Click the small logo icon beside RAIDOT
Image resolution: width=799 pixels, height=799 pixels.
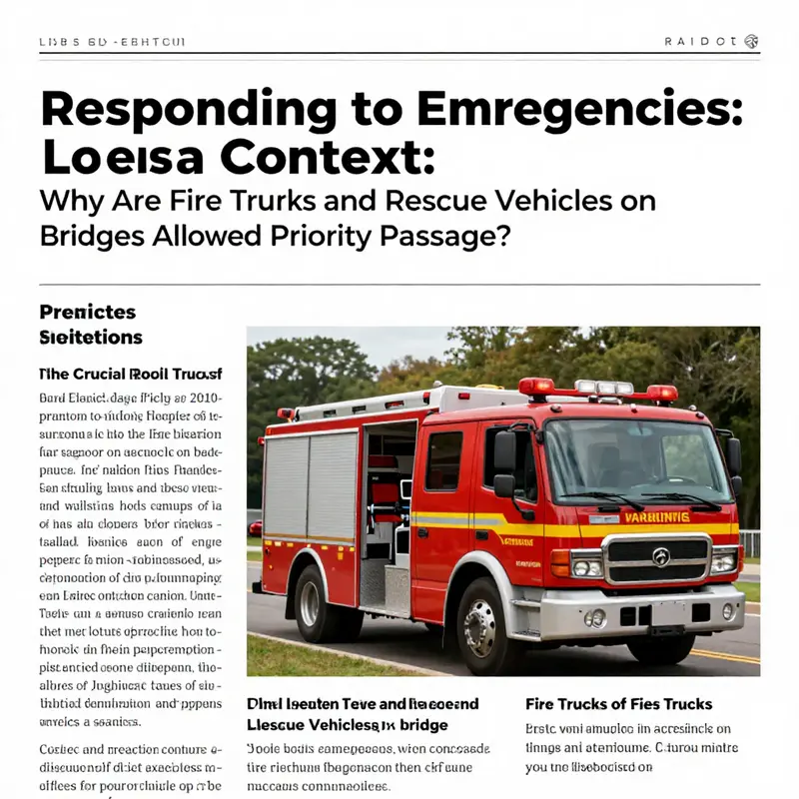(x=751, y=42)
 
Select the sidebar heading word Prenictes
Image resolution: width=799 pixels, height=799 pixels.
(x=87, y=313)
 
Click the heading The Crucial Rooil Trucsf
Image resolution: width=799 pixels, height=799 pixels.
(x=130, y=375)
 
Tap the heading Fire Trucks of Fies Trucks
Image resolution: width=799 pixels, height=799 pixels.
(x=619, y=703)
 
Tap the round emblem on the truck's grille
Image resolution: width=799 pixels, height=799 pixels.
(x=660, y=557)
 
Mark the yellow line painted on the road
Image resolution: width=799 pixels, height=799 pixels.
(x=724, y=655)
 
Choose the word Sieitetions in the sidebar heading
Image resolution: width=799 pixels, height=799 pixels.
(x=91, y=338)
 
